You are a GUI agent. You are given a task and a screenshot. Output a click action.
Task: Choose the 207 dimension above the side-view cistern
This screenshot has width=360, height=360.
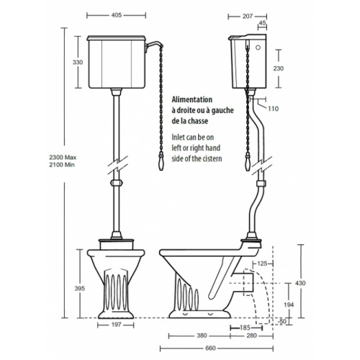point(241,14)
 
